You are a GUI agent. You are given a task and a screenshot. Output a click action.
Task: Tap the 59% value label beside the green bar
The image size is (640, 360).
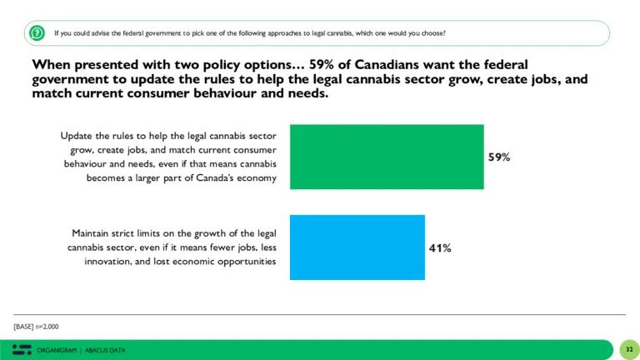pos(499,157)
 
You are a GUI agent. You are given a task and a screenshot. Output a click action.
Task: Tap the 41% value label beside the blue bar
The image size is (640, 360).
pos(440,247)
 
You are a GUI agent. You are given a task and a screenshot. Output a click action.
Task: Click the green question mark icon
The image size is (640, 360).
pos(37,33)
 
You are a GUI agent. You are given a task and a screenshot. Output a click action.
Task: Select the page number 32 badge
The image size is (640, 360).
pos(628,349)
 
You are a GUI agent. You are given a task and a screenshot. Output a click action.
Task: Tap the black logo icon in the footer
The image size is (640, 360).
pos(22,349)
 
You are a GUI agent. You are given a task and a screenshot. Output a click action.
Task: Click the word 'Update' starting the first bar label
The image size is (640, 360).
pos(77,135)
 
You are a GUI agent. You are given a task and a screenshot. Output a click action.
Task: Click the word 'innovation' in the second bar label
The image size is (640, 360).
pos(109,262)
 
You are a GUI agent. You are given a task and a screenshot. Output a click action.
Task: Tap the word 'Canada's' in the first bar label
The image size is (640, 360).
pos(203,179)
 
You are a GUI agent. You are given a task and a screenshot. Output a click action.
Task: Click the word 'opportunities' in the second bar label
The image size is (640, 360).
pos(247,262)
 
